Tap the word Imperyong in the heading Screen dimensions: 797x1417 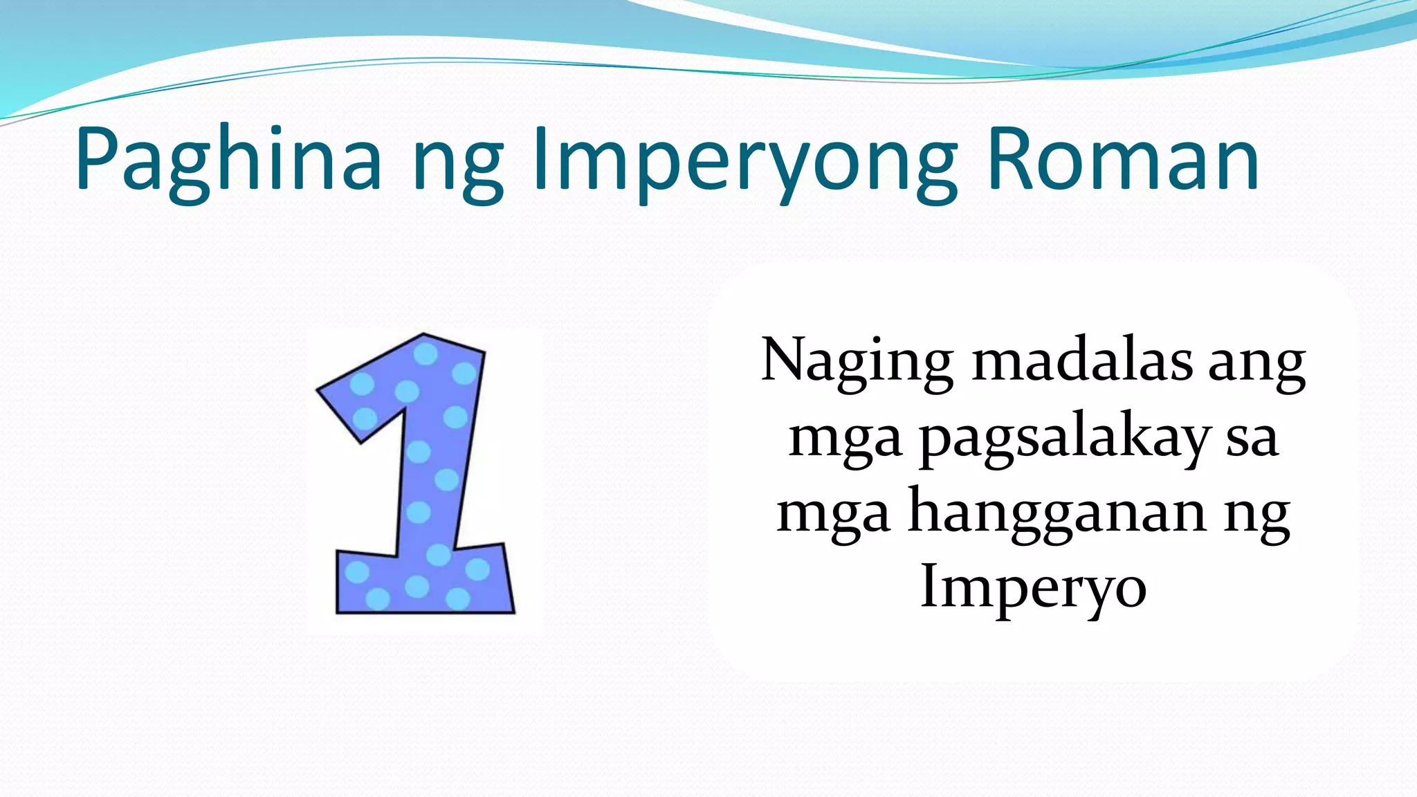744,163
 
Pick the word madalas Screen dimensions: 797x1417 1082,361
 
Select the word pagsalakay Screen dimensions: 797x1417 1066,439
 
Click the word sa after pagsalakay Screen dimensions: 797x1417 1252,440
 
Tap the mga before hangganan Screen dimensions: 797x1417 833,516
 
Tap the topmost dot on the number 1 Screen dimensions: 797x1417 426,354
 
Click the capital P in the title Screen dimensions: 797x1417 97,159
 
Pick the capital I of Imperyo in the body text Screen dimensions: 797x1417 930,585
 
